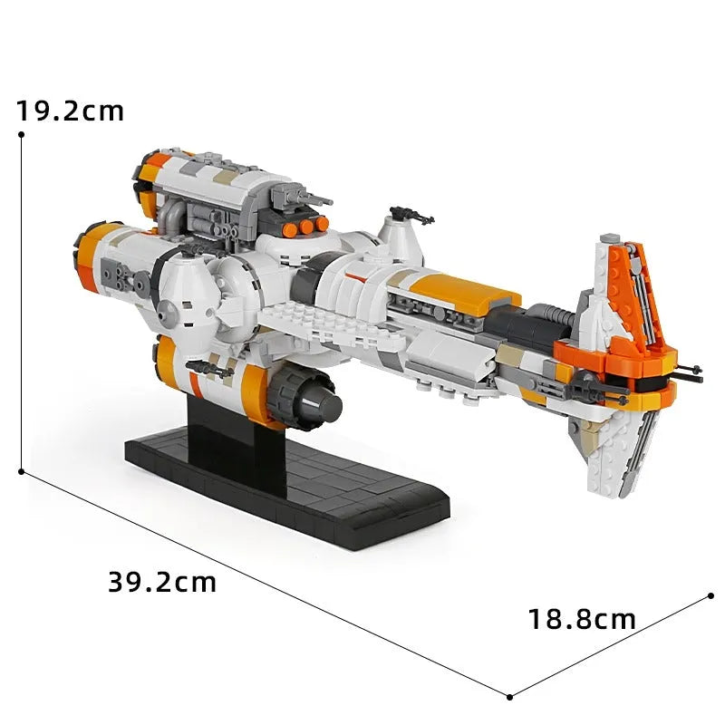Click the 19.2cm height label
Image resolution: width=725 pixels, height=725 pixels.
pos(71,111)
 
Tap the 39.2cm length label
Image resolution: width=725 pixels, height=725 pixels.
pos(162,582)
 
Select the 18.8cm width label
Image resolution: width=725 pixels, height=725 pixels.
pos(582,619)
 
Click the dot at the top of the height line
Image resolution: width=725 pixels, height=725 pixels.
pos(21,134)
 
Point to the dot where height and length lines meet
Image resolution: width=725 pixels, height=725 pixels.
pos(21,471)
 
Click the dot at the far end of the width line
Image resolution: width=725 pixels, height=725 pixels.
pos(711,596)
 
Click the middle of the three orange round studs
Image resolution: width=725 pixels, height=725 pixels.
pos(305,227)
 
